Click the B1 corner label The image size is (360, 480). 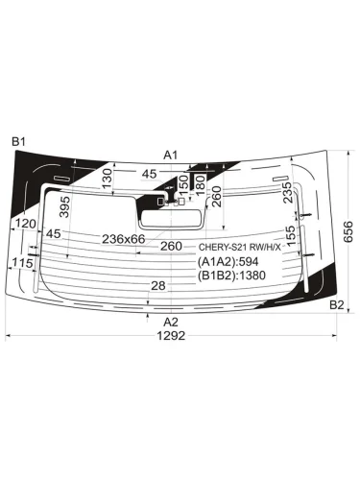tap(18, 141)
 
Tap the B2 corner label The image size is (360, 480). tap(336, 305)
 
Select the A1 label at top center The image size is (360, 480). tap(170, 156)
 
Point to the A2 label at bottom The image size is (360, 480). tap(171, 322)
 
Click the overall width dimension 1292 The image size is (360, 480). tap(171, 336)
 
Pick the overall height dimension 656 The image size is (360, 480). tap(348, 231)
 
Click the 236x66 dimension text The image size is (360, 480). tap(124, 239)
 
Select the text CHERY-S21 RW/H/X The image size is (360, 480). tap(240, 247)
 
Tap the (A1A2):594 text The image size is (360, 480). tap(228, 262)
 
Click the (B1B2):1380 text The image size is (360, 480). tap(231, 276)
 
